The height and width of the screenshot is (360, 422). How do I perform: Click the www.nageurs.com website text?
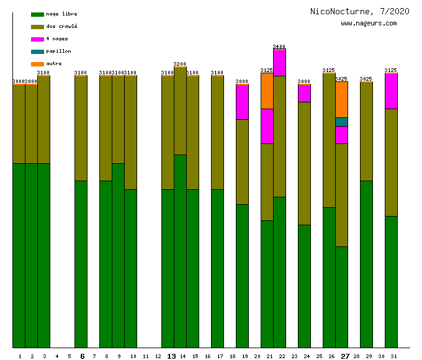(369, 24)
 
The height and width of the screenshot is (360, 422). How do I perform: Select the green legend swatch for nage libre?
(37, 14)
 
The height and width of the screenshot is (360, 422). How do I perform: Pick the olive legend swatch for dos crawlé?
(37, 27)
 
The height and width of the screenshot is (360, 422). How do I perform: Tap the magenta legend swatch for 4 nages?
(37, 39)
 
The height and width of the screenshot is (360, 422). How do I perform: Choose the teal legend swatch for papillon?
(37, 52)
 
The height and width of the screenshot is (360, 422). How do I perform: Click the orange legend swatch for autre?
(37, 64)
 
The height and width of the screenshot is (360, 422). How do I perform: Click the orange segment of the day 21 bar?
(267, 91)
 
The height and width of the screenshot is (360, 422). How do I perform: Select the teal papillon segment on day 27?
(341, 122)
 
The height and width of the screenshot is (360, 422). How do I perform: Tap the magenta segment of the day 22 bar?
(279, 63)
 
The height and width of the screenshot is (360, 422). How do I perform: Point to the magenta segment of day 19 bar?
(242, 102)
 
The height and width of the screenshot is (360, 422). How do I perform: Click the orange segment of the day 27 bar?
(341, 99)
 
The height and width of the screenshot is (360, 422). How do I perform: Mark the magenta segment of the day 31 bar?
(391, 91)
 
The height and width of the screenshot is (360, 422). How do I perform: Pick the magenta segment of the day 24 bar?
(304, 93)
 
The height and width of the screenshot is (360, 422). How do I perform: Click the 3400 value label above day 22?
(279, 47)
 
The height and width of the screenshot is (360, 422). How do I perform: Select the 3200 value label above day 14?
(180, 64)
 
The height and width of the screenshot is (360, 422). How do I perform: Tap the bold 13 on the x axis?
(171, 356)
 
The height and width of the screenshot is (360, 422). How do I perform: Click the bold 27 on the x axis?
(345, 356)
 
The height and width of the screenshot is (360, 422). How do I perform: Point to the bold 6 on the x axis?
(82, 356)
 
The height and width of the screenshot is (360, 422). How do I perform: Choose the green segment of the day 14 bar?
(180, 251)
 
